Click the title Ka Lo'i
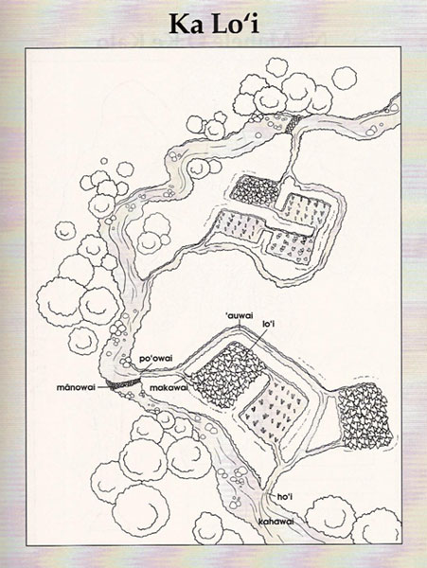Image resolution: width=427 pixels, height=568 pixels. click(x=214, y=25)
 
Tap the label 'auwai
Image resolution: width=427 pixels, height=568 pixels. click(x=239, y=316)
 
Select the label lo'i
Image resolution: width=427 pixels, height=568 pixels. click(x=268, y=324)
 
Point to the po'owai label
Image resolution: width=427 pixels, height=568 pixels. click(x=156, y=359)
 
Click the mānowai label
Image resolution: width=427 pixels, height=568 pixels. click(x=76, y=387)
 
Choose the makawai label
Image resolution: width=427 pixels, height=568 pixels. click(x=169, y=387)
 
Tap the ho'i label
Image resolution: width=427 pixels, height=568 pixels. click(x=284, y=497)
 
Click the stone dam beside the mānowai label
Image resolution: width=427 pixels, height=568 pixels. click(x=124, y=384)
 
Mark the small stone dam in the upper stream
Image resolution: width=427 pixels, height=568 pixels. click(x=294, y=123)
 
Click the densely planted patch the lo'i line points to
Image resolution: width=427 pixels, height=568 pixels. click(x=227, y=374)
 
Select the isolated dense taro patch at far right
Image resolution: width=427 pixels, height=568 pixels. click(x=365, y=417)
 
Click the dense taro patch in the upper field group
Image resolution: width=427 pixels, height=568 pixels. click(x=255, y=191)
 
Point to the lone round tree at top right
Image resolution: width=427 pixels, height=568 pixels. click(x=345, y=79)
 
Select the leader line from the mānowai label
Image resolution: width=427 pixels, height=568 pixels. click(x=103, y=387)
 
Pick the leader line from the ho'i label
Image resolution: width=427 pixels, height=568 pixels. click(x=272, y=495)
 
